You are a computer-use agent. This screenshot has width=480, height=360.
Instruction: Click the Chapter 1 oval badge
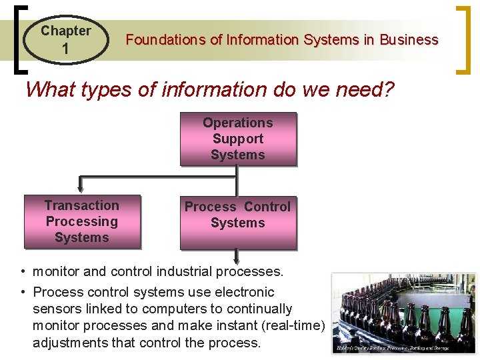(x=65, y=39)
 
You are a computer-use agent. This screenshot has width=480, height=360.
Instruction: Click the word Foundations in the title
(x=166, y=40)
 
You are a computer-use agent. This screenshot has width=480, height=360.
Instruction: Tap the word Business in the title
(x=409, y=40)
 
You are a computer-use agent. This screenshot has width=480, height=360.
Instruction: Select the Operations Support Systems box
(x=238, y=139)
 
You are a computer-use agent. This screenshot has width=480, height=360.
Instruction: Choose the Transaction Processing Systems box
(x=82, y=221)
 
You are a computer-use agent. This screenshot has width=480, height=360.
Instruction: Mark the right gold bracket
(x=462, y=39)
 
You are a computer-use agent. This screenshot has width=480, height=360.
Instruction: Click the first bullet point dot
(x=23, y=272)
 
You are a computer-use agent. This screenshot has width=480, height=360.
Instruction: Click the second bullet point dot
(x=23, y=292)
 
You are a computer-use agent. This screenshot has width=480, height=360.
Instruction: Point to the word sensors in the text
(x=55, y=309)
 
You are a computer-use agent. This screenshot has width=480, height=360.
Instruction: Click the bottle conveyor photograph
(x=403, y=310)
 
